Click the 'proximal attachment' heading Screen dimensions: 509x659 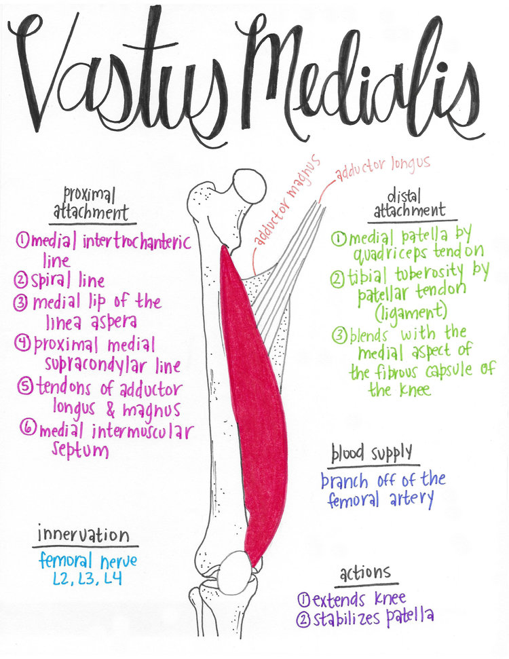tap(91, 203)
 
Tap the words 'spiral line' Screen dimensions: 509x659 tap(68, 280)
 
